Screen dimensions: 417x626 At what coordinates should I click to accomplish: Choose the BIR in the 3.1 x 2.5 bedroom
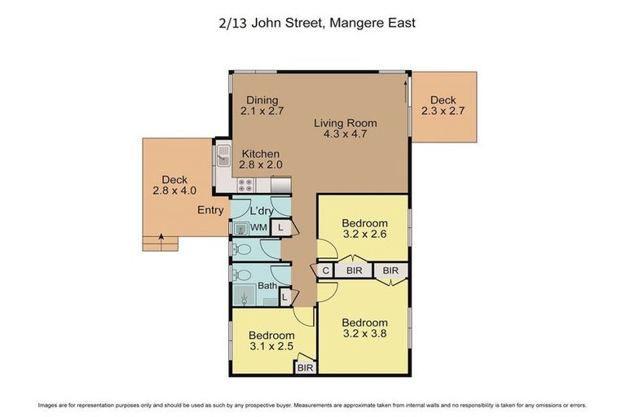click(x=304, y=367)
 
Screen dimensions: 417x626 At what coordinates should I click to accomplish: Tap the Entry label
click(x=210, y=210)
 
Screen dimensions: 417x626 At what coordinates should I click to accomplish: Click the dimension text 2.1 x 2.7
click(x=262, y=112)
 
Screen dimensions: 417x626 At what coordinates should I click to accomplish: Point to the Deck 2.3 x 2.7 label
click(x=443, y=105)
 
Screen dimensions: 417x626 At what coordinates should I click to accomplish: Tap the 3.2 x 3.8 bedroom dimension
click(x=364, y=332)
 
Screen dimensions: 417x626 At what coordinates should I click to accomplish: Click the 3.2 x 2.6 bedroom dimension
click(x=364, y=235)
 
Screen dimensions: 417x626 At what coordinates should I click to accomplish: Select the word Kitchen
click(x=260, y=153)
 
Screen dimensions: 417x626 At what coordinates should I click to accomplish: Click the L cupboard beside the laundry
click(x=280, y=228)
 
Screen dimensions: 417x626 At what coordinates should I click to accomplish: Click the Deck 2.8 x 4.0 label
click(x=174, y=186)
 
